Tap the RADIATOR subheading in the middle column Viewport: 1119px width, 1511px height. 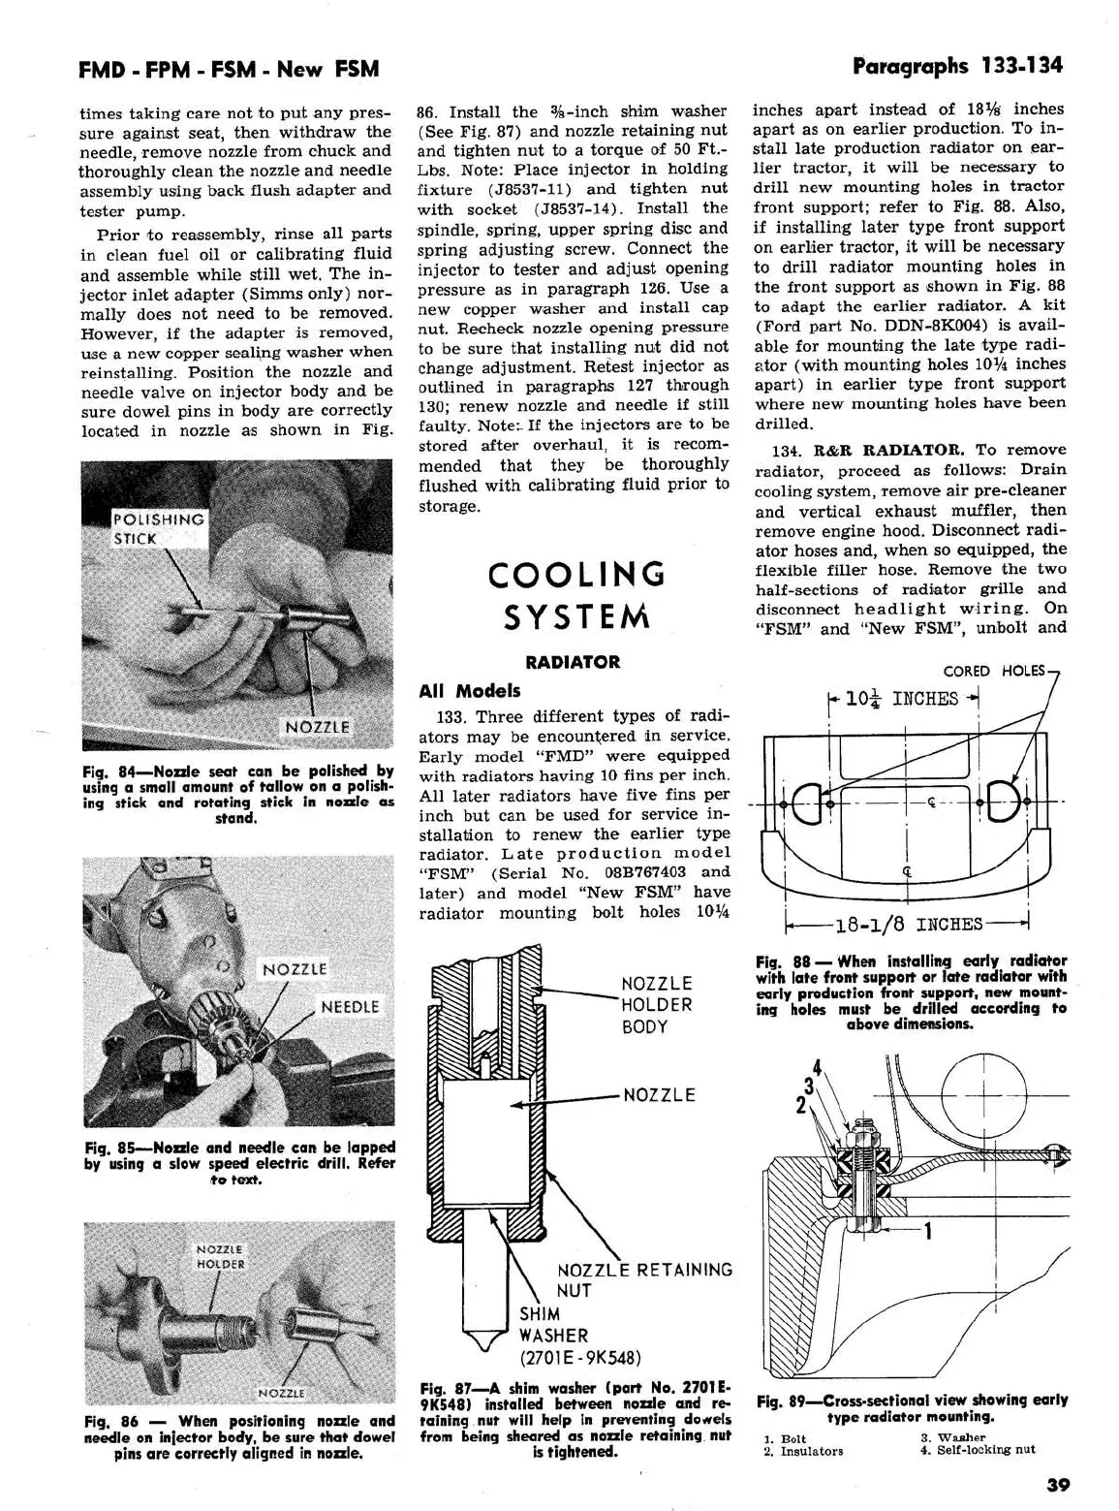point(573,662)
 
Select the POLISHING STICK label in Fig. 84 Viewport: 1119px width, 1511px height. point(158,528)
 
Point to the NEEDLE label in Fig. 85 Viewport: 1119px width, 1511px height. point(350,1007)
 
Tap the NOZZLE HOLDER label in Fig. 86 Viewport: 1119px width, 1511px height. point(220,1256)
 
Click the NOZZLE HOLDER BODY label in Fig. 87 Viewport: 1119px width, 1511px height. point(657,1005)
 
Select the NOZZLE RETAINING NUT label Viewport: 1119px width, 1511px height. point(643,1279)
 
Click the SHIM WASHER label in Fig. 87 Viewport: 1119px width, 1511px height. point(552,1324)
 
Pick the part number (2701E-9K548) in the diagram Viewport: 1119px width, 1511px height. point(580,1357)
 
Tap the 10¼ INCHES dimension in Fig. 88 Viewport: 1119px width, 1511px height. point(902,699)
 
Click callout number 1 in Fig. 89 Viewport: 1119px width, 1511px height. point(927,1232)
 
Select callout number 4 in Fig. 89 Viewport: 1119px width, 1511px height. point(817,1070)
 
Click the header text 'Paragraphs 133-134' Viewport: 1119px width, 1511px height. point(957,66)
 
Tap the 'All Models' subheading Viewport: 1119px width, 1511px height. point(470,691)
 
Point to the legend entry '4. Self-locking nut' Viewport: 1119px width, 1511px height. point(978,1450)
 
